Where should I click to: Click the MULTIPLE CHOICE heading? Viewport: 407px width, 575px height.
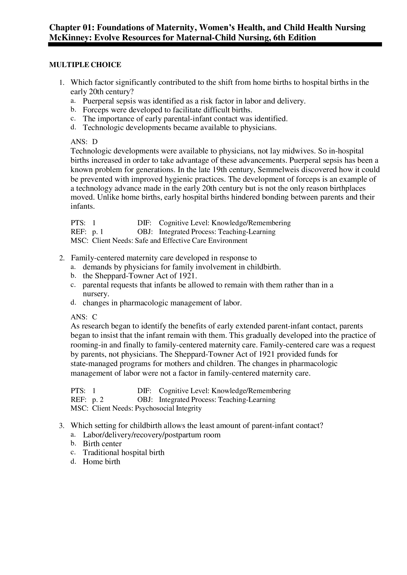(x=85, y=65)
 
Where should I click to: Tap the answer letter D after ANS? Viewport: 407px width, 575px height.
(x=95, y=142)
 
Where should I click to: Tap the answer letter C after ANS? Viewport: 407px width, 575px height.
(x=94, y=317)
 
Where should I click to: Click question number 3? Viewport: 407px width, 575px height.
(x=62, y=426)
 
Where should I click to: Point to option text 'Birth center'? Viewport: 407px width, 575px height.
(x=102, y=444)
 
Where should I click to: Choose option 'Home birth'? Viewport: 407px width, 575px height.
(x=102, y=462)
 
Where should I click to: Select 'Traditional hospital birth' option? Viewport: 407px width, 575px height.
(x=124, y=453)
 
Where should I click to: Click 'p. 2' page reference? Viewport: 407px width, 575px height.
(x=98, y=399)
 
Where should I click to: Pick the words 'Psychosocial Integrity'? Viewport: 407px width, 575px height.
(x=168, y=408)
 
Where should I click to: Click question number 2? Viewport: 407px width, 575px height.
(x=62, y=258)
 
